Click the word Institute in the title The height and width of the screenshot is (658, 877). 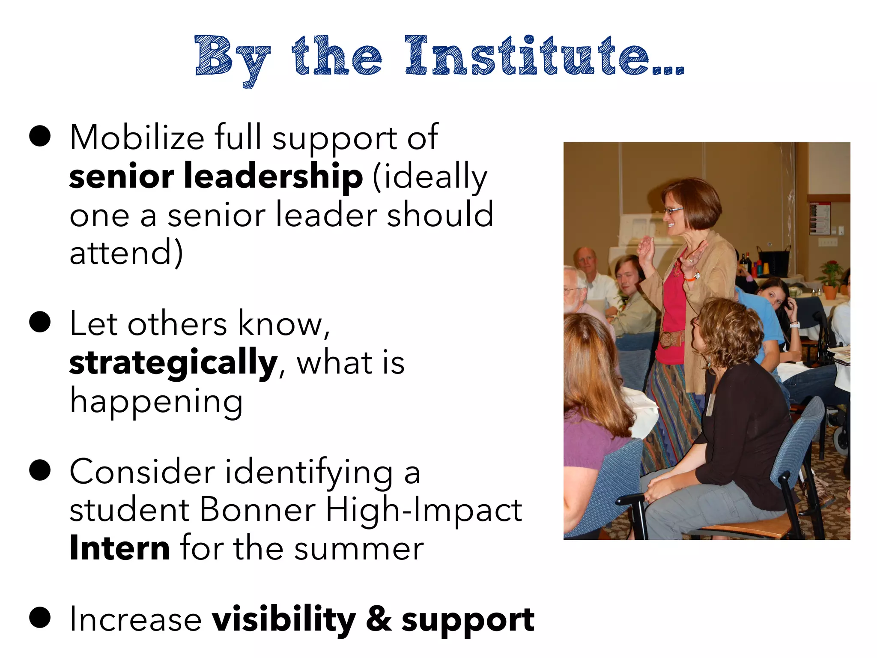[527, 57]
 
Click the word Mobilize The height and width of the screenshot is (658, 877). [137, 138]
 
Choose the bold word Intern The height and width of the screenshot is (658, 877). [120, 548]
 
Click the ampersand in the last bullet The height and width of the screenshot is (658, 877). [379, 619]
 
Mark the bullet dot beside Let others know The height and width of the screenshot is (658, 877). [40, 322]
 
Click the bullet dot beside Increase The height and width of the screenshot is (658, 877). [40, 618]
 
